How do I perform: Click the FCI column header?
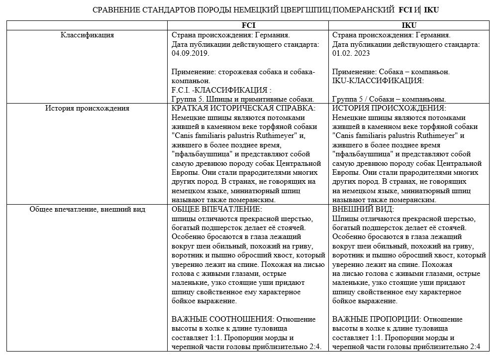tap(249, 25)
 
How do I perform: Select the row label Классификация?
tap(87, 35)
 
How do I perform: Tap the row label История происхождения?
tap(87, 108)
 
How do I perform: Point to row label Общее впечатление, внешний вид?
tap(87, 209)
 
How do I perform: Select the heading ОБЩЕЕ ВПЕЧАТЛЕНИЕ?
tap(216, 209)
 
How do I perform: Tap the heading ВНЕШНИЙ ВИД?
tap(363, 209)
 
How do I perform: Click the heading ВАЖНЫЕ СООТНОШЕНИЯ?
tap(222, 319)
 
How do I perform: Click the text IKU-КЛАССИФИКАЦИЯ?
tap(378, 81)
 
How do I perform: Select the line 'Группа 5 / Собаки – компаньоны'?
tap(389, 99)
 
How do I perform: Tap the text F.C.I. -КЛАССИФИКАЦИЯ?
tap(221, 90)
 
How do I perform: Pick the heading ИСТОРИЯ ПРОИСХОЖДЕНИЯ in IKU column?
tap(389, 108)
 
